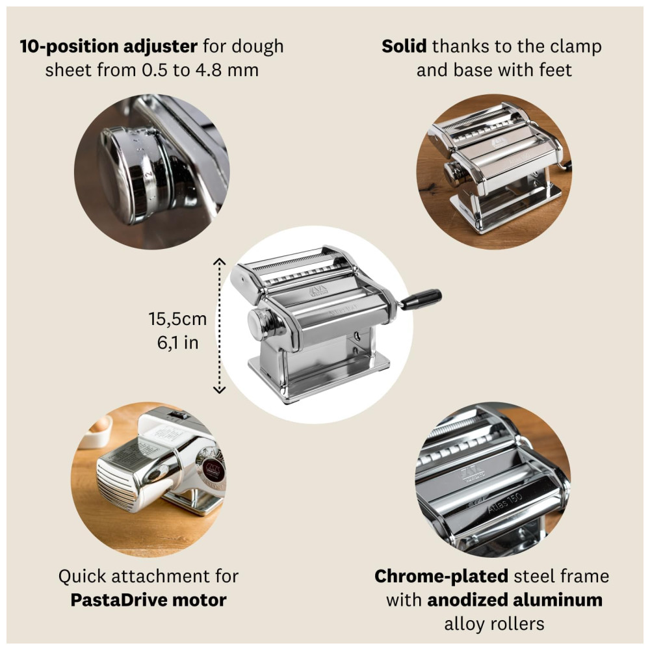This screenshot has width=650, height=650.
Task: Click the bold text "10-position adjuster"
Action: [109, 46]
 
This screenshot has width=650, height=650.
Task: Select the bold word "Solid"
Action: [404, 46]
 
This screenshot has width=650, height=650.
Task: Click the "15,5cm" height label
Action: [178, 319]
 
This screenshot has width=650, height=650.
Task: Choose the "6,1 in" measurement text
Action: [178, 343]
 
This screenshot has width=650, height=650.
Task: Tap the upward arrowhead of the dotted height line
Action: [219, 262]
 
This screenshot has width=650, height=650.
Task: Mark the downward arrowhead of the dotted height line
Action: [219, 389]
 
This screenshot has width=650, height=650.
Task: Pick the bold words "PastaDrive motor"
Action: [148, 600]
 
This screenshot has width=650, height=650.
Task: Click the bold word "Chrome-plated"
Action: [441, 576]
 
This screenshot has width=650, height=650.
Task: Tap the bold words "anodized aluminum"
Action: [515, 600]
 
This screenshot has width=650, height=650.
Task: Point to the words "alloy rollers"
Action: [494, 623]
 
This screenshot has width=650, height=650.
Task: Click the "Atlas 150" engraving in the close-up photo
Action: [504, 502]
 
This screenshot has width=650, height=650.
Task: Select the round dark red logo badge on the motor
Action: [214, 471]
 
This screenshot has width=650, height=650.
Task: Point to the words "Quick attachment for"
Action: [148, 576]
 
